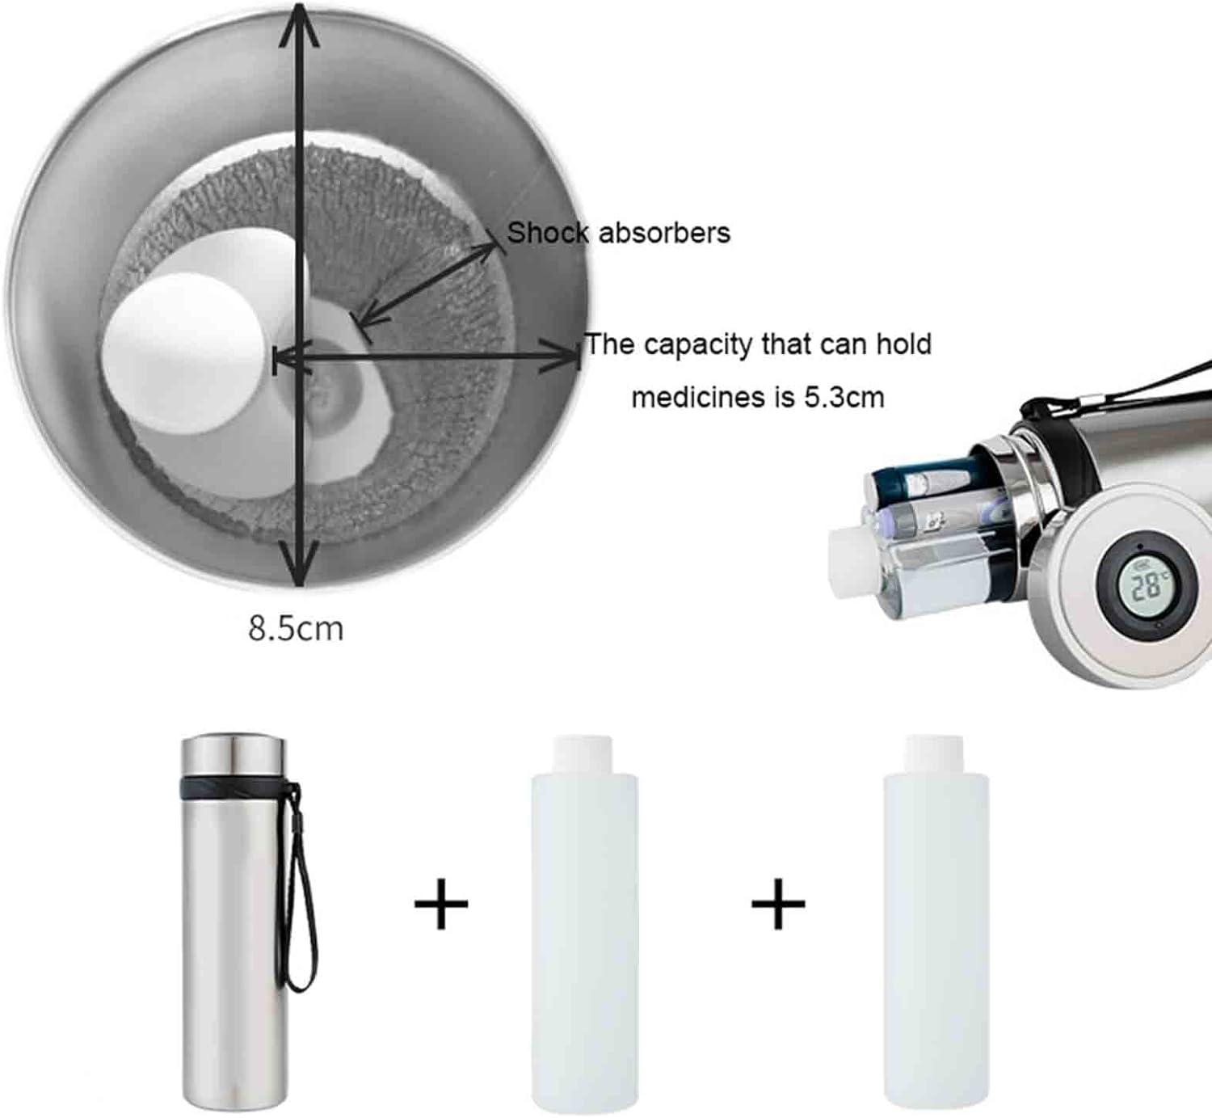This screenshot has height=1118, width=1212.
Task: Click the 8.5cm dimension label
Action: coord(296,628)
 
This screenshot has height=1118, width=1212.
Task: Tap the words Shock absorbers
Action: coord(619,234)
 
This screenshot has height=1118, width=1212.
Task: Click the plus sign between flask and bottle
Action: coord(441,904)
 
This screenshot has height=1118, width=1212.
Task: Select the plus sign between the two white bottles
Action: coord(778,904)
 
